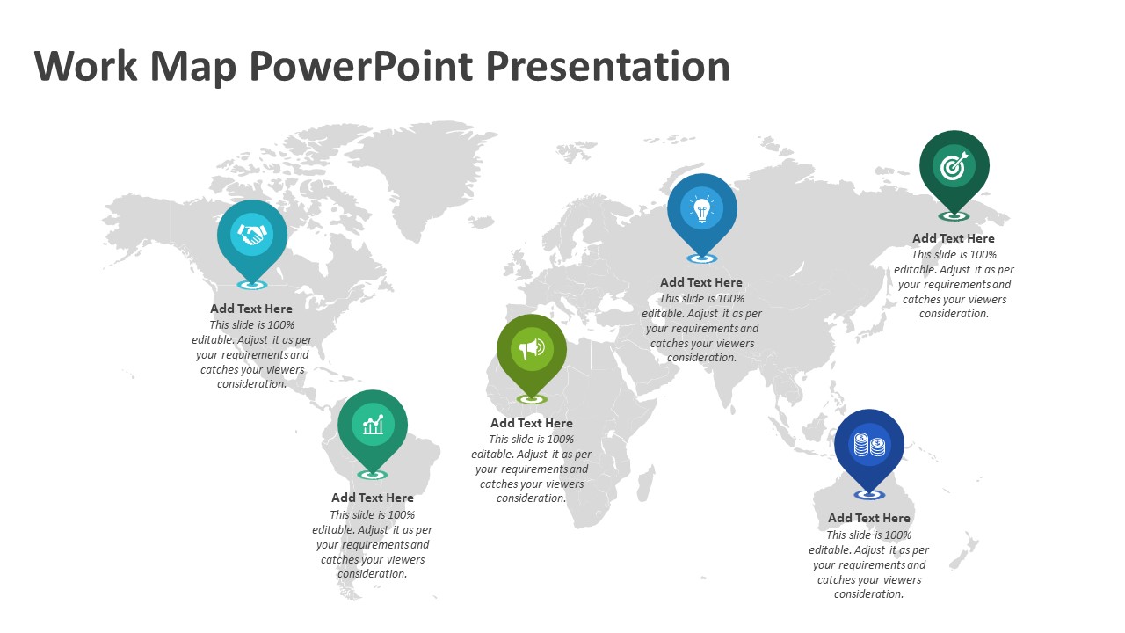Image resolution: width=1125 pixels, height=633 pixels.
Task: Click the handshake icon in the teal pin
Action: tap(252, 234)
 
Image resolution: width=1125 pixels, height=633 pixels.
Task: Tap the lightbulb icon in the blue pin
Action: tap(702, 208)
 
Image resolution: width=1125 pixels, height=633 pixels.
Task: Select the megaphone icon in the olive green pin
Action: tap(532, 348)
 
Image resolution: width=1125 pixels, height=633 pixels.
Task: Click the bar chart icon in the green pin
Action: tap(373, 425)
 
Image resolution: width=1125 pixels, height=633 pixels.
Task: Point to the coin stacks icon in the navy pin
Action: tap(869, 445)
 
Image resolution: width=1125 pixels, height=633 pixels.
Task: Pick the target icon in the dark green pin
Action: tap(954, 166)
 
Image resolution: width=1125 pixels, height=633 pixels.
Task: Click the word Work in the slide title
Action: tap(86, 66)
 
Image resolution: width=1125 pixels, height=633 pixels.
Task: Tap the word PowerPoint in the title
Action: tap(361, 66)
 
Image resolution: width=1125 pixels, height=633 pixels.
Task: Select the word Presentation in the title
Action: tap(607, 66)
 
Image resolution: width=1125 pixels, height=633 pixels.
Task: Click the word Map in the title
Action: tap(193, 68)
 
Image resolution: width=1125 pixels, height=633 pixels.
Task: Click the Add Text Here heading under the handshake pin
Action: tap(251, 309)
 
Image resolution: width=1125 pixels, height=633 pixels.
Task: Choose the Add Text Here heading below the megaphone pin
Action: tap(532, 423)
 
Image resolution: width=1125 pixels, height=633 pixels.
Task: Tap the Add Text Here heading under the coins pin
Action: tap(869, 518)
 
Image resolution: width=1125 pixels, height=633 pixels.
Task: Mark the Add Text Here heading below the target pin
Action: tap(954, 238)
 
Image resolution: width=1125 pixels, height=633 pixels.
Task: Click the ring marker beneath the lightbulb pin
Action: tap(702, 258)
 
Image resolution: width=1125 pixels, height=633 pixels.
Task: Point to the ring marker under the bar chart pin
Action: tap(373, 475)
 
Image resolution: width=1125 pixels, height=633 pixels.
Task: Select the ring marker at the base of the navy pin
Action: tap(869, 495)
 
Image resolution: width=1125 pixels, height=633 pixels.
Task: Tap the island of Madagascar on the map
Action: tap(646, 484)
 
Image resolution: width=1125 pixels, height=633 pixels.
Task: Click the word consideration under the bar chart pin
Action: tap(372, 574)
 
